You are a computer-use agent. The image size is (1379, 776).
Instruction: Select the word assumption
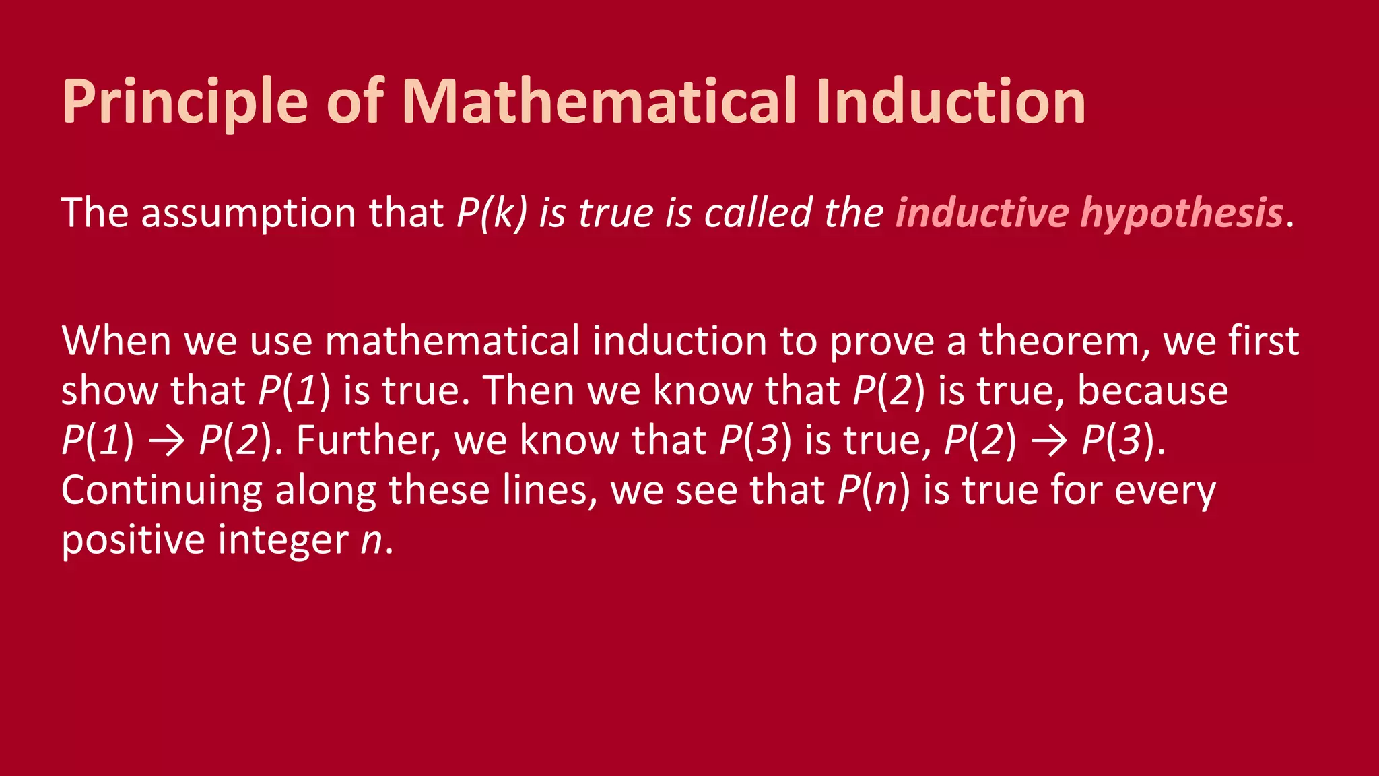pos(248,214)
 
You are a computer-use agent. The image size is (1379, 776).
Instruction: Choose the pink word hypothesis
pos(1182,214)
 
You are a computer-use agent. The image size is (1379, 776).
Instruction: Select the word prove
pos(881,342)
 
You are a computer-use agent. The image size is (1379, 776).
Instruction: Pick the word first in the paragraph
pos(1263,341)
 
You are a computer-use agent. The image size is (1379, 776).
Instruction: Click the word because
pos(1153,391)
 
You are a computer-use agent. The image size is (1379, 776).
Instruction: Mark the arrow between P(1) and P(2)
pos(166,441)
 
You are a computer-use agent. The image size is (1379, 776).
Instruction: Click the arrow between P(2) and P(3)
pos(1048,441)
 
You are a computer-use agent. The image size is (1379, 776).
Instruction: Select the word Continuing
pos(162,490)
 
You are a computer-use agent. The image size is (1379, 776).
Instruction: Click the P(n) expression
pos(873,490)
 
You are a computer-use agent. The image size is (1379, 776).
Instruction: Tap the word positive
pos(133,540)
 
